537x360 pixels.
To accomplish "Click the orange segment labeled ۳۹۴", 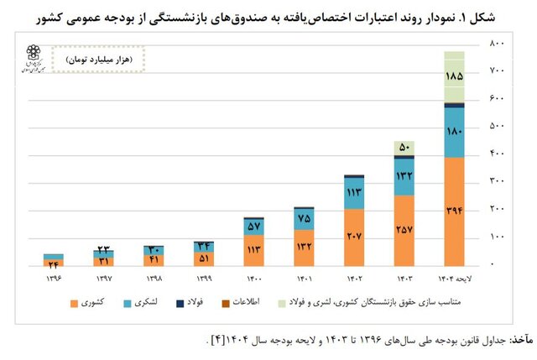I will click(454, 211).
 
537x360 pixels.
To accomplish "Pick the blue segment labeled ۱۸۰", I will click(454, 132).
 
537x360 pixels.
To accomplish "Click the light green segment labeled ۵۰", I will click(405, 148).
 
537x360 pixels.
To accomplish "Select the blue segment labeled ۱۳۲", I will click(405, 176).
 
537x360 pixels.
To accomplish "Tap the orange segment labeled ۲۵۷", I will click(405, 229).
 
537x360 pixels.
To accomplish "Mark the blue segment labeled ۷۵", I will click(304, 218).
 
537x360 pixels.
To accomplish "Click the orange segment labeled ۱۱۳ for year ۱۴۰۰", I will click(254, 249).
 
